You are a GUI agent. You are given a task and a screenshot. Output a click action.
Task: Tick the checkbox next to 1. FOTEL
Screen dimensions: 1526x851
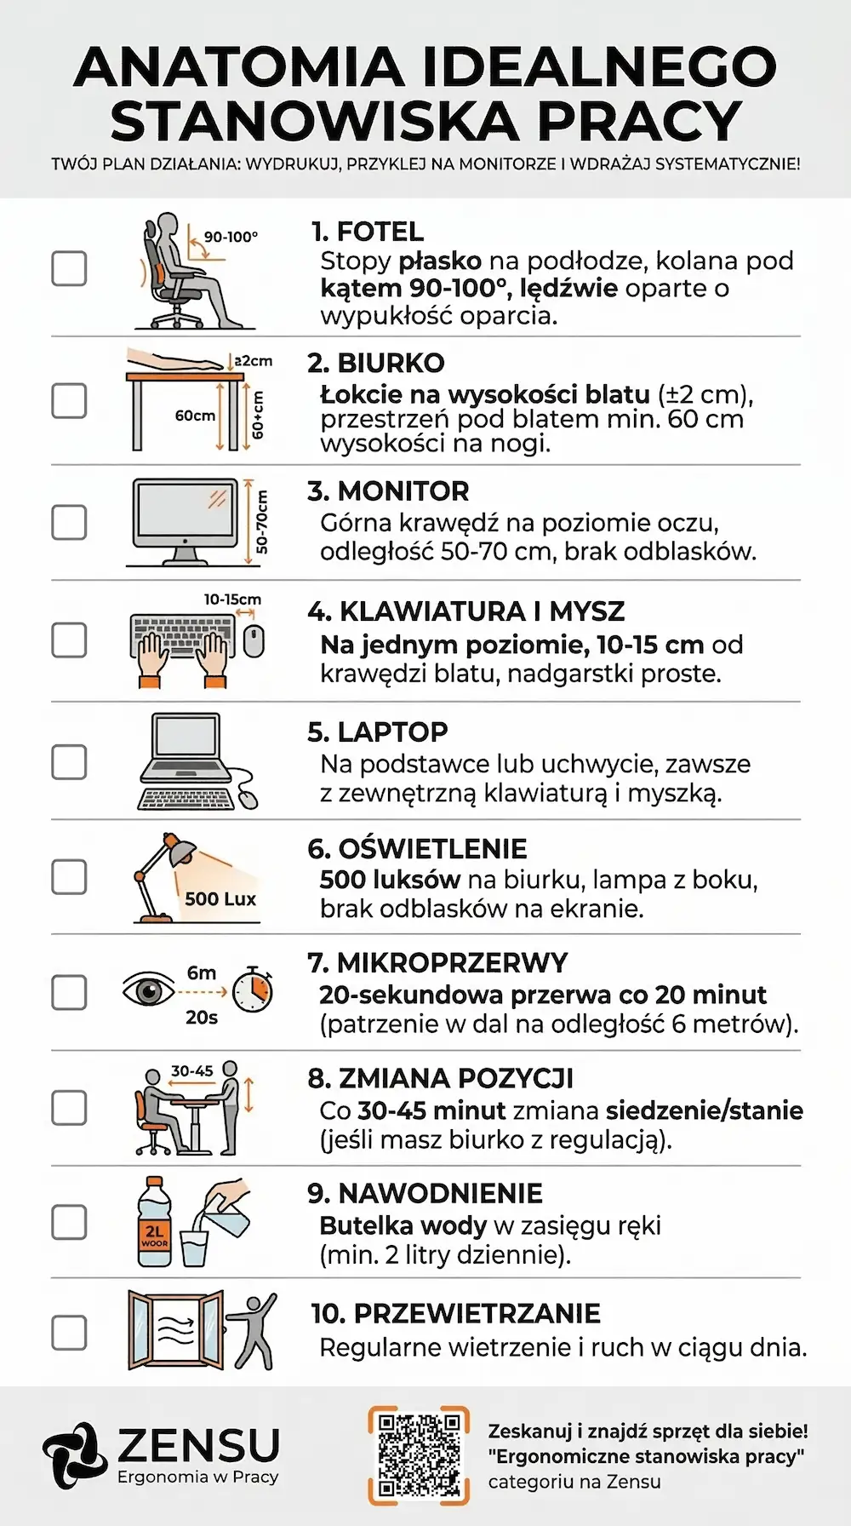pyautogui.click(x=69, y=268)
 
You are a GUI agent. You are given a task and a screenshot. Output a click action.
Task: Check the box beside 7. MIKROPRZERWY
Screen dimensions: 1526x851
pyautogui.click(x=69, y=992)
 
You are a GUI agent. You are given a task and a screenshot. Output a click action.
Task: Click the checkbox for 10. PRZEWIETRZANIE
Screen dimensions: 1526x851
pyautogui.click(x=69, y=1333)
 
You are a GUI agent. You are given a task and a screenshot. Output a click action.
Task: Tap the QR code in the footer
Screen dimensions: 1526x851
pyautogui.click(x=419, y=1455)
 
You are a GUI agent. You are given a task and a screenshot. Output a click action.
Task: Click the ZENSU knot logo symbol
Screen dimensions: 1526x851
pyautogui.click(x=75, y=1455)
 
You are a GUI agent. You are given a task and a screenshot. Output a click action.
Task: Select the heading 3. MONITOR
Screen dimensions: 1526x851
pyautogui.click(x=388, y=491)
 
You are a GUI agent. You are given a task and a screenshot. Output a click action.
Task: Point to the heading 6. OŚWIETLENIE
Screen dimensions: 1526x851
pyautogui.click(x=417, y=849)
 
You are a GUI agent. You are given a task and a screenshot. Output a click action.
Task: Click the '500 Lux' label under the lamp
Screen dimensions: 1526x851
pyautogui.click(x=220, y=898)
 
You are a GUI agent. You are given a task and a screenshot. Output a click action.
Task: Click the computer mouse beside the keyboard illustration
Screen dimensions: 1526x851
pyautogui.click(x=254, y=641)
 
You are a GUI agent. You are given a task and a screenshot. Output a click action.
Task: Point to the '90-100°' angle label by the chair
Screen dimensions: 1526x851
pyautogui.click(x=231, y=237)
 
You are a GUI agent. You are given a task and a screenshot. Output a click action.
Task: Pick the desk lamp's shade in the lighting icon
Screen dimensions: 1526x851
pyautogui.click(x=180, y=849)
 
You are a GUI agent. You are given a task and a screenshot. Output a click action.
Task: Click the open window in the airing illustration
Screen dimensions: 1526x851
pyautogui.click(x=176, y=1329)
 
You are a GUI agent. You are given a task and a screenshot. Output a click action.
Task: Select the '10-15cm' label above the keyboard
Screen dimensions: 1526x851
pyautogui.click(x=232, y=599)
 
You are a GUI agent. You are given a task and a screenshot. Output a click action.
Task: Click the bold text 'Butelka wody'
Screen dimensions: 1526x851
pyautogui.click(x=403, y=1225)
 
